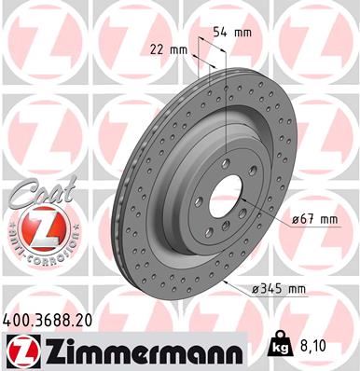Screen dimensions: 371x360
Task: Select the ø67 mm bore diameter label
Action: coord(313,219)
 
